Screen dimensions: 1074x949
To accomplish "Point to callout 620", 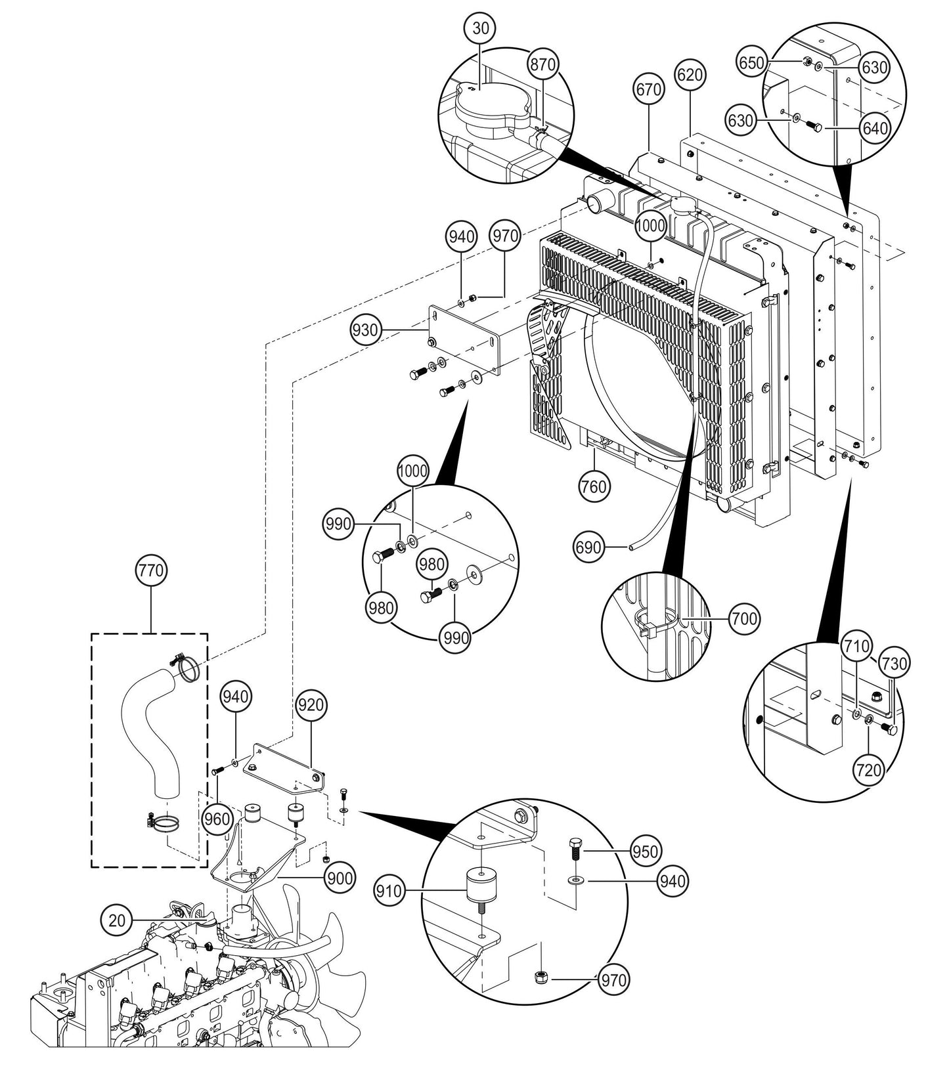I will (690, 74).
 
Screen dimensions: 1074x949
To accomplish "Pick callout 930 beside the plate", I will (365, 330).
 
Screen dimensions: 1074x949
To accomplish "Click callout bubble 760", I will (594, 486).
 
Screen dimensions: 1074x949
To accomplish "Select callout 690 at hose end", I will (588, 546).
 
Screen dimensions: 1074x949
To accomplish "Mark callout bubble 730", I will (894, 664).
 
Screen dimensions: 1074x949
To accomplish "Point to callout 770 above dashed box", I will (151, 570).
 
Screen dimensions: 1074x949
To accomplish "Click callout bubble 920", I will (310, 705).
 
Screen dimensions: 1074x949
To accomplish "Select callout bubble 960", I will (217, 819).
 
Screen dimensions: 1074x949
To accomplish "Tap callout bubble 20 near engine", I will (117, 920).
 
